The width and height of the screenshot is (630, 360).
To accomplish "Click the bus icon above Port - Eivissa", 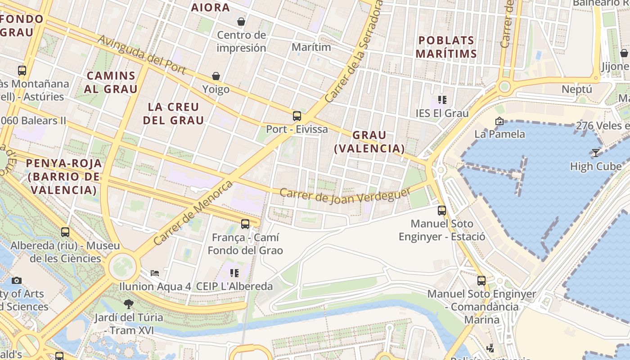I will pos(297,116).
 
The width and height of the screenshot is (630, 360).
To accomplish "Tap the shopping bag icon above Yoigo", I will pos(216,76).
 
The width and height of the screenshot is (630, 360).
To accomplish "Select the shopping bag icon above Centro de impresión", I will pos(241,22).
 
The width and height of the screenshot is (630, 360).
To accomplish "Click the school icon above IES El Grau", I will pos(442,100).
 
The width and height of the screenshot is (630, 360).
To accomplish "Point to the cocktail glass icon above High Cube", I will pos(596,153).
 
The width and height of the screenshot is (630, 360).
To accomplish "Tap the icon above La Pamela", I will pos(499,121).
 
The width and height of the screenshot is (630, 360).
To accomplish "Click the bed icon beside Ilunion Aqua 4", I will pos(155,273).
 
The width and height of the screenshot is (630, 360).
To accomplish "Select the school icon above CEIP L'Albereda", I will pos(234,273).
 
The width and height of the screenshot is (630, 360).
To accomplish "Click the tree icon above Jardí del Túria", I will pos(128,304).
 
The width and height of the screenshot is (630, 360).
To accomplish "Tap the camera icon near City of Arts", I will pos(17,280).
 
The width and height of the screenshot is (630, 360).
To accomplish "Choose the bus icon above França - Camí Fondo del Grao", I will pos(245,224).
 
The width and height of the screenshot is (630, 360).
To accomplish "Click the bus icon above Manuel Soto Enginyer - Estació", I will pos(442,210).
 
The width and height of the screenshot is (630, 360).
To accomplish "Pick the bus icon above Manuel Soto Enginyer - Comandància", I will pos(481,281).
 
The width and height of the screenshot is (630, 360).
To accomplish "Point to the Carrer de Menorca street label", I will pos(193,213).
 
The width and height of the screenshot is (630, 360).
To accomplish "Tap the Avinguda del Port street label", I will pos(142,55).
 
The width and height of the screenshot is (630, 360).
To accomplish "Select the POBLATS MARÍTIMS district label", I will pos(446,47).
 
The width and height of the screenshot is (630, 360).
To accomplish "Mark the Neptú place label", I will pos(577,89).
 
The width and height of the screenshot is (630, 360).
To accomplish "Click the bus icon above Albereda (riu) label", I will pos(65,232).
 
